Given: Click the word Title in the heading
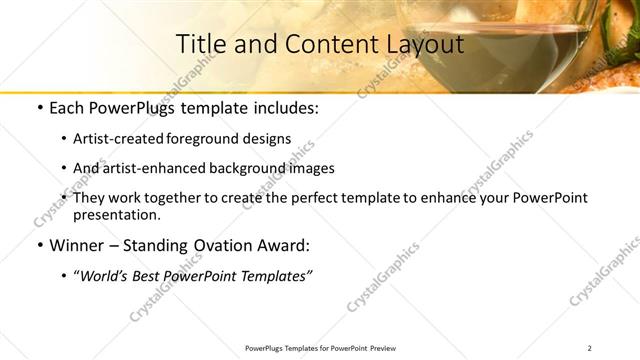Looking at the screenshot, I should [199, 45].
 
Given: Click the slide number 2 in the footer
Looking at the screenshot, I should [589, 348].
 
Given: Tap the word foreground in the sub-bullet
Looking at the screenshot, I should [225, 139].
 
